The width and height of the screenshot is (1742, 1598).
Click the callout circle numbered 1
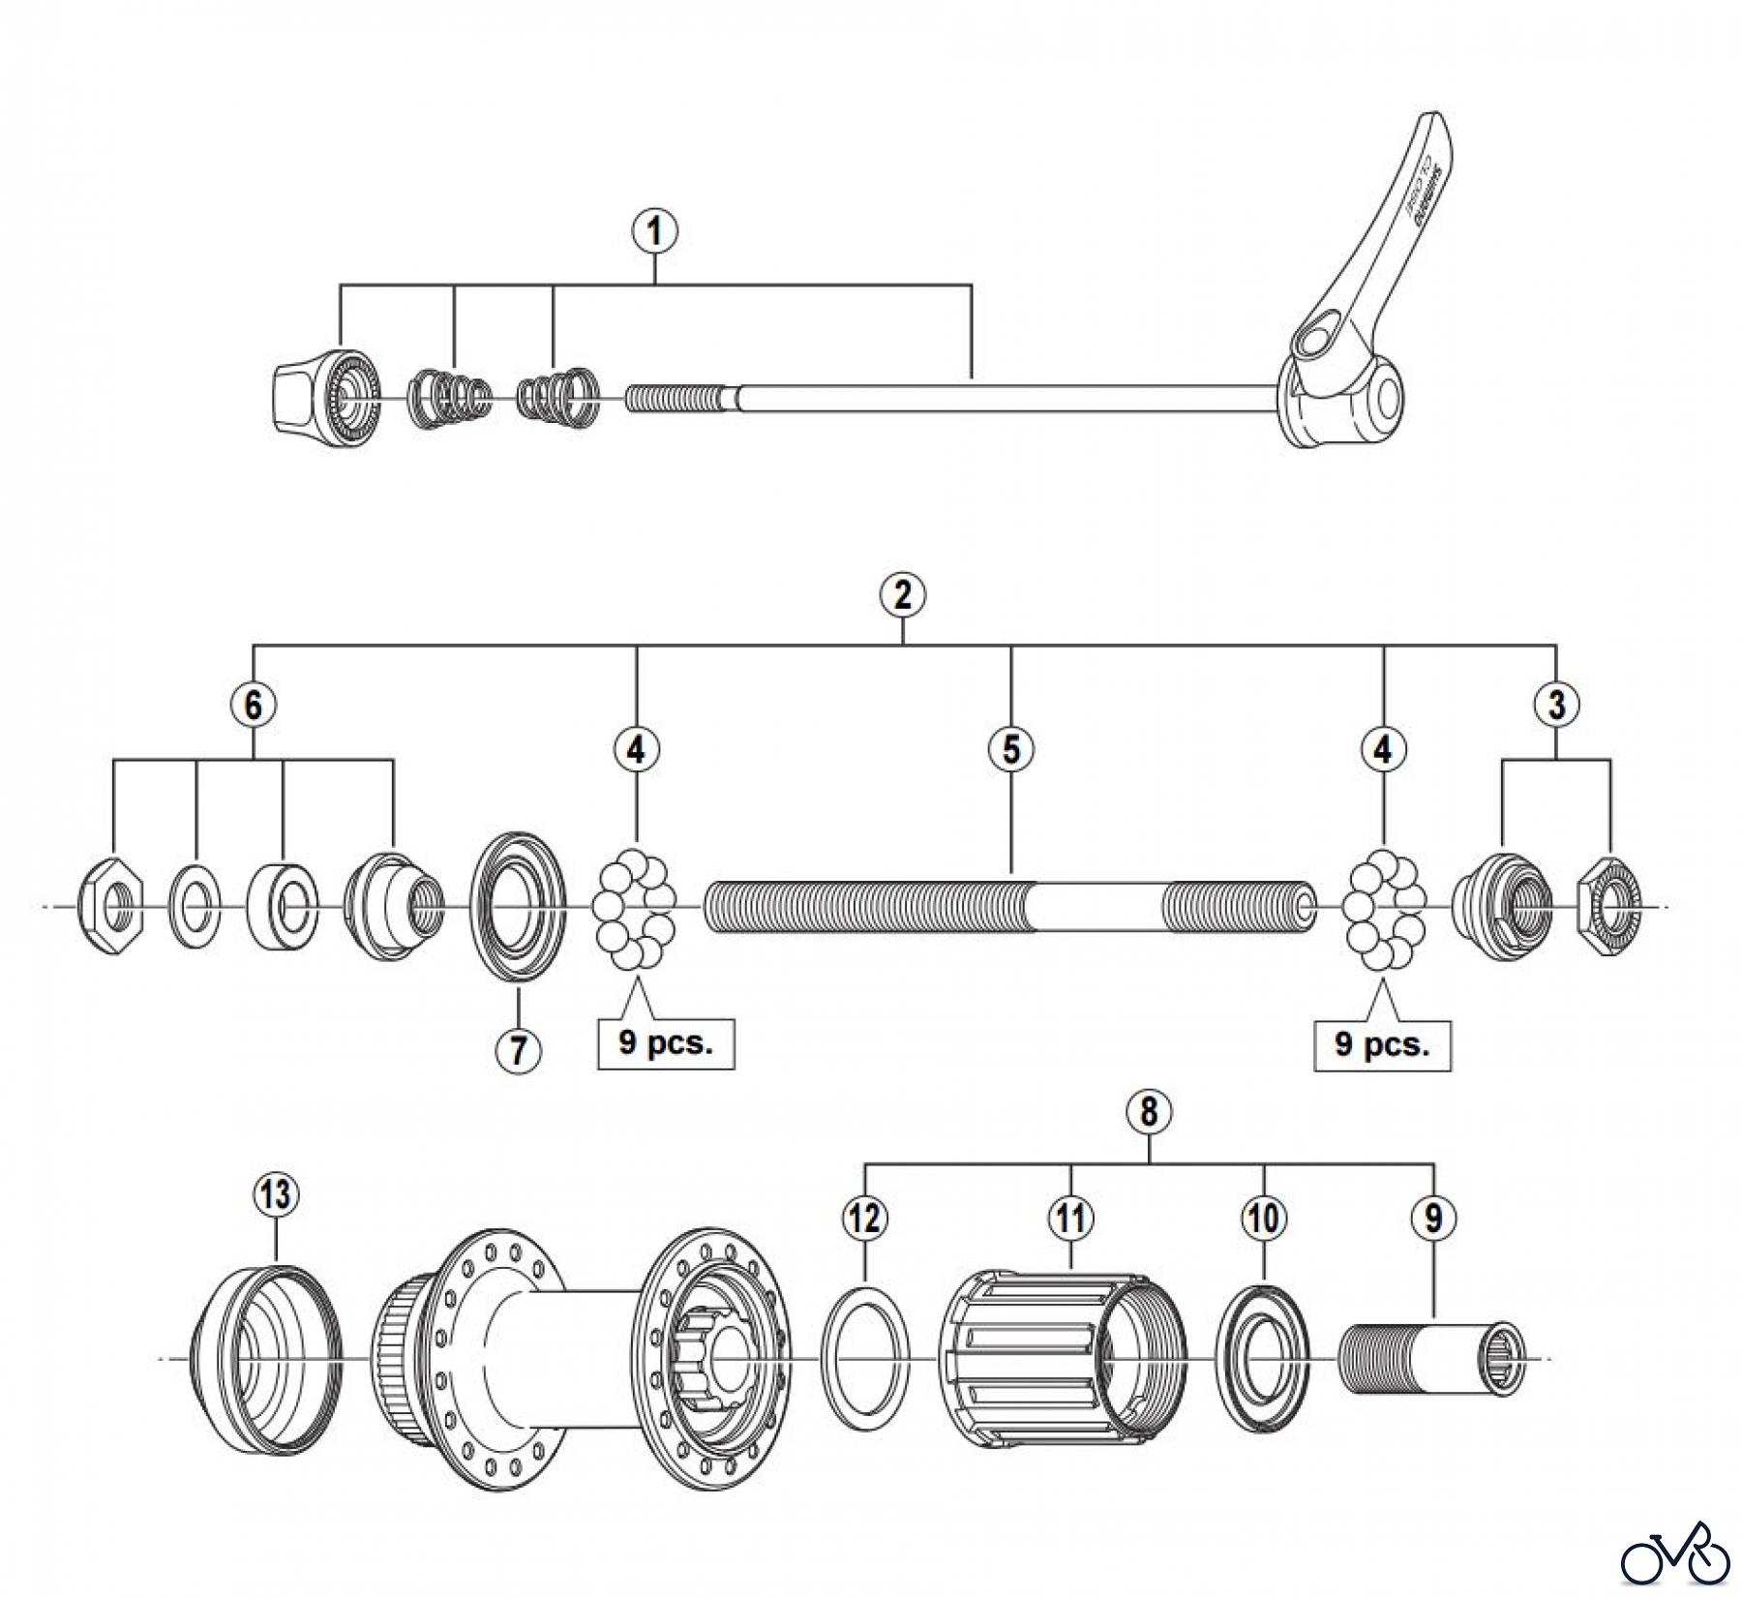pyautogui.click(x=655, y=232)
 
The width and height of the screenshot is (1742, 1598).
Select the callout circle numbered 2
pyautogui.click(x=902, y=595)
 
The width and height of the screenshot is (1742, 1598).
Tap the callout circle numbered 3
pyautogui.click(x=1556, y=705)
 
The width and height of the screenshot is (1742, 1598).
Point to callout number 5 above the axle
pyautogui.click(x=1011, y=749)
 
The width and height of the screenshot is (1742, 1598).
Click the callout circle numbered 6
pyautogui.click(x=253, y=705)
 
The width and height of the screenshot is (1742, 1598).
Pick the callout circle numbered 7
pyautogui.click(x=518, y=1049)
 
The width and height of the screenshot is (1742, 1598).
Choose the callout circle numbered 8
pyautogui.click(x=1148, y=1113)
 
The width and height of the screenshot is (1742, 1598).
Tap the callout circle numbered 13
pyautogui.click(x=276, y=1193)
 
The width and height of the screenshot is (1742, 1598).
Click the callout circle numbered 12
pyautogui.click(x=864, y=1218)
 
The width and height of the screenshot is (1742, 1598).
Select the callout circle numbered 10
pyautogui.click(x=1264, y=1218)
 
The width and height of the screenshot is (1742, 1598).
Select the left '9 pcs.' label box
pyautogui.click(x=666, y=1044)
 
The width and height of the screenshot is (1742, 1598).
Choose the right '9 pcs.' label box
pyautogui.click(x=1382, y=1044)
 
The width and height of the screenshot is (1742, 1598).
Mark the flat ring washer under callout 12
pyautogui.click(x=865, y=1359)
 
